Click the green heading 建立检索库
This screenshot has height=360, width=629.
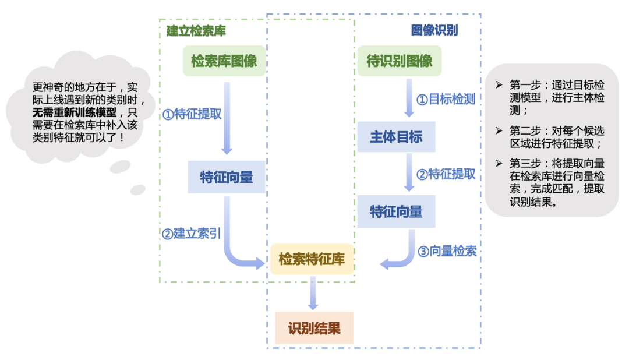point(196,31)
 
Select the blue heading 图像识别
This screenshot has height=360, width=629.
point(434,30)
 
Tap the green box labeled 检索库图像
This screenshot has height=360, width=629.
point(224,61)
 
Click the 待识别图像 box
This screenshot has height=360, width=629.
point(400,61)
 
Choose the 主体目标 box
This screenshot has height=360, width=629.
point(396,137)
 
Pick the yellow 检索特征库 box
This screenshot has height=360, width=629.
point(312,259)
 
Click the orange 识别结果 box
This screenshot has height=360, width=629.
point(314,329)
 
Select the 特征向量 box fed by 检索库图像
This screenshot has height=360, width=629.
point(227,177)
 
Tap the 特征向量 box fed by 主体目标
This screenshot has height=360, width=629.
point(396,211)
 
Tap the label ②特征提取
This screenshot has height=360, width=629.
point(446,174)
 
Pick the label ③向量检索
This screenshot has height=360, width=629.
point(447,251)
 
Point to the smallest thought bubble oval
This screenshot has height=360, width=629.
point(138,189)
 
